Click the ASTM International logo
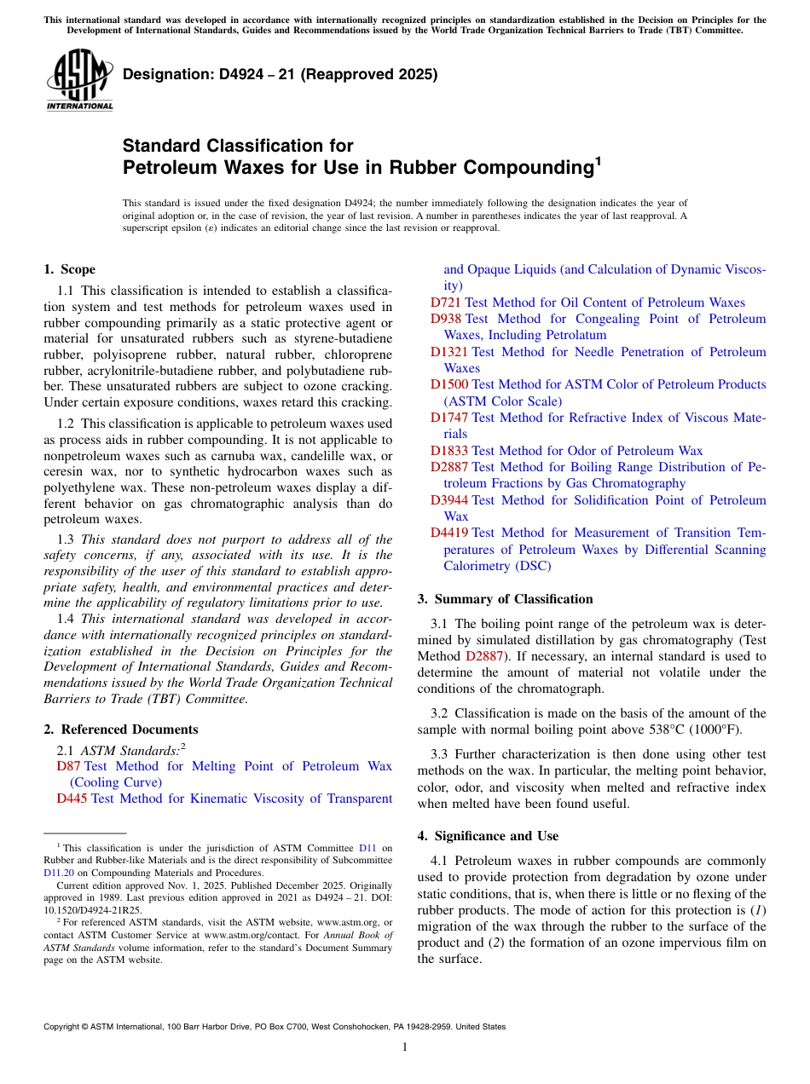(x=79, y=80)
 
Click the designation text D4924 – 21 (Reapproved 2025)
(x=281, y=74)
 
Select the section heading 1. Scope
(x=69, y=269)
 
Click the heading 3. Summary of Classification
(x=505, y=599)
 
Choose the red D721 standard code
(x=446, y=303)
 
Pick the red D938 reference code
(x=446, y=319)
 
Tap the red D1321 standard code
(x=449, y=352)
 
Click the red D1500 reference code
(x=449, y=384)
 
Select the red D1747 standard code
(x=449, y=418)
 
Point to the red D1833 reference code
(x=449, y=451)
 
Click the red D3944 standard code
(x=449, y=500)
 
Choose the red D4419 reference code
(x=449, y=533)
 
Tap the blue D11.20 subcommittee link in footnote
(x=59, y=873)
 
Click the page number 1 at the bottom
(x=405, y=1047)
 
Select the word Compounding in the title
(x=520, y=168)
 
